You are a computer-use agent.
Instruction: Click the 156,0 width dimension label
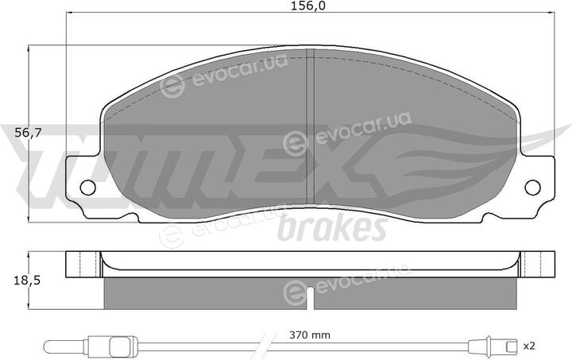(308, 6)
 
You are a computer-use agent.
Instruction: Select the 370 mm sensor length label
(310, 335)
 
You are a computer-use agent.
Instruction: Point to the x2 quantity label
(528, 345)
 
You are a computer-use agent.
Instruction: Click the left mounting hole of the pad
(87, 187)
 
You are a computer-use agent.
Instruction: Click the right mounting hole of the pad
(532, 187)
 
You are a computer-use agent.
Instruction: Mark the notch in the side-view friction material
(310, 298)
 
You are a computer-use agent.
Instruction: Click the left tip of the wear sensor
(45, 345)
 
